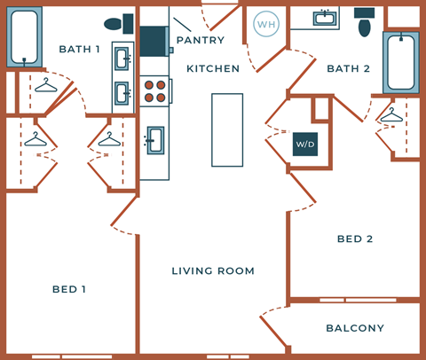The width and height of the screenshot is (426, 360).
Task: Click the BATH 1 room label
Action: (79, 48)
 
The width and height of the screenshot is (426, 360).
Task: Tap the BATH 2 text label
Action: (348, 68)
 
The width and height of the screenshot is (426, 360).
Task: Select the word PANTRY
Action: (200, 40)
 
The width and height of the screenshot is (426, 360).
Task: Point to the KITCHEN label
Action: (213, 68)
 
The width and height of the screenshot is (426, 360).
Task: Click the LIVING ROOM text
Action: (213, 270)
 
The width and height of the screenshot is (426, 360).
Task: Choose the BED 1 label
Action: (69, 289)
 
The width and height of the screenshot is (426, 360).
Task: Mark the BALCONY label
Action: (355, 328)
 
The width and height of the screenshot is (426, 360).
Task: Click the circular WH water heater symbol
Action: (265, 23)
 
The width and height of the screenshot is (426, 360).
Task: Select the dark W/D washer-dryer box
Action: (305, 143)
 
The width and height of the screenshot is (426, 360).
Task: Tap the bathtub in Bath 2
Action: (400, 62)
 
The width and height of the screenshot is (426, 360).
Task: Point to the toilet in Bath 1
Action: (116, 24)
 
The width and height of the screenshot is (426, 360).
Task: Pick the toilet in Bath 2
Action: (365, 22)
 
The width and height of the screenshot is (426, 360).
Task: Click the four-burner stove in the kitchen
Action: (155, 91)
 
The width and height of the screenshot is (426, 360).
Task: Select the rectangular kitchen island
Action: (226, 129)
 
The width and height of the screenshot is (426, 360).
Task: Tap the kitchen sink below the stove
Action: (154, 139)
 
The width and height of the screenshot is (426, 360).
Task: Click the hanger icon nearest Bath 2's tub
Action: (390, 116)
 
